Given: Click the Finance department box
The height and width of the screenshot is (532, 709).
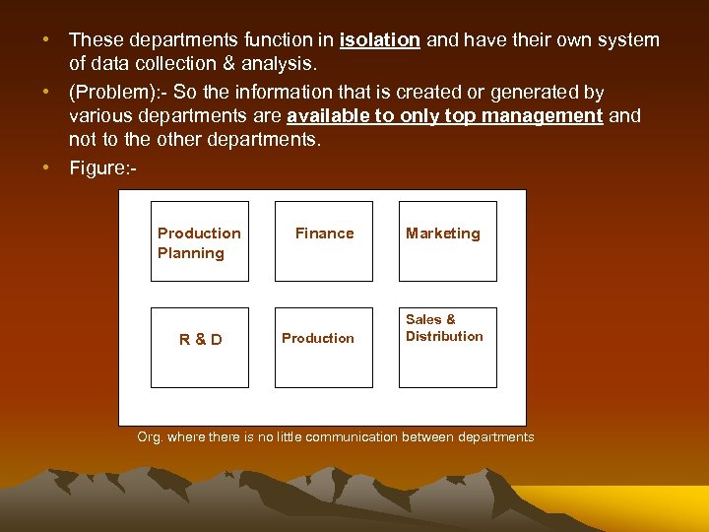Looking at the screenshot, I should tap(324, 241).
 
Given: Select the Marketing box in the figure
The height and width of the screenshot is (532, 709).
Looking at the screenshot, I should tap(447, 241).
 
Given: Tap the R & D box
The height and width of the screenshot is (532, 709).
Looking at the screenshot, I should tap(200, 348).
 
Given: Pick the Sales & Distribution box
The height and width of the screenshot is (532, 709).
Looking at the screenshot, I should tap(447, 348).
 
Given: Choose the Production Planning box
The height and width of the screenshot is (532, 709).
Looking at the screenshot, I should tap(200, 241).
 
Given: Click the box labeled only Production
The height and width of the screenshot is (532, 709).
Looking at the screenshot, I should tap(324, 348).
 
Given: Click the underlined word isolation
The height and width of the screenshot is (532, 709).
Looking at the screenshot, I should tap(380, 40).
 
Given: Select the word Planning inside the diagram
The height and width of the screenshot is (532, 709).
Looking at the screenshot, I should tap(190, 253).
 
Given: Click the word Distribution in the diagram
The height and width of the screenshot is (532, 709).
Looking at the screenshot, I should tap(444, 336).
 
